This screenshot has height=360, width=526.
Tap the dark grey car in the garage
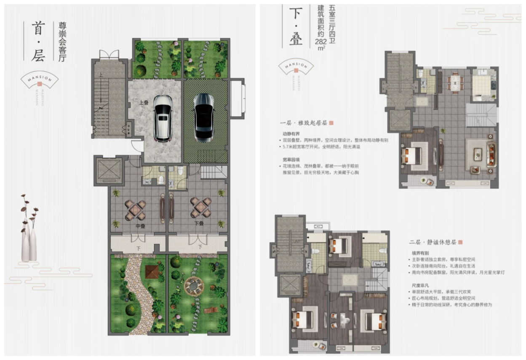pyautogui.click(x=204, y=117)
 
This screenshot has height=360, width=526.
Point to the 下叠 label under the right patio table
pyautogui.click(x=199, y=224)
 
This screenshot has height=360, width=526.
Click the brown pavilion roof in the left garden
pyautogui.click(x=152, y=272)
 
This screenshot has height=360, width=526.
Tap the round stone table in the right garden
pyautogui.click(x=193, y=286)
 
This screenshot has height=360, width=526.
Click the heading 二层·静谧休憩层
pyautogui.click(x=433, y=243)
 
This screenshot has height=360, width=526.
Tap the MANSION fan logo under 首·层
pyautogui.click(x=39, y=80)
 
